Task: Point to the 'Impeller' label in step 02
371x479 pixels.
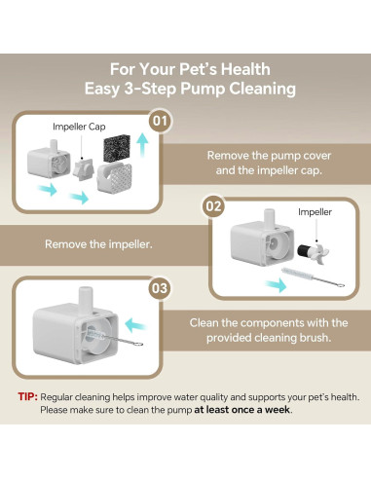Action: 314,211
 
